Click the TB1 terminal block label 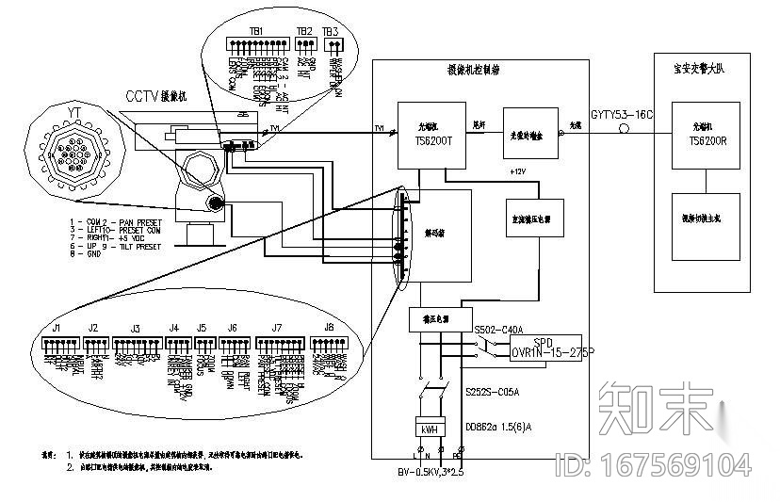[x=255, y=31]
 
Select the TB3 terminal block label [x=330, y=31]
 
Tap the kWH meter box [x=430, y=429]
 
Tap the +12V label [x=517, y=172]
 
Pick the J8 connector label [x=328, y=328]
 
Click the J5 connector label [x=201, y=328]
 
